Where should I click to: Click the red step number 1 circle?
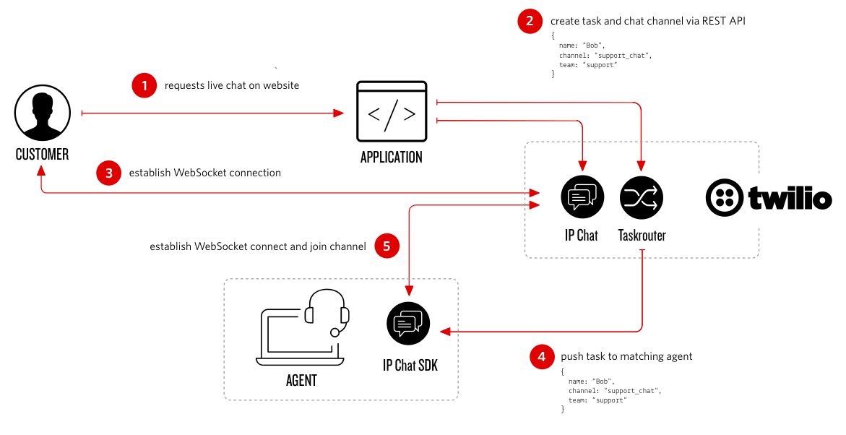coord(144,85)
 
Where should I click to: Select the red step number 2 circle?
coord(530,21)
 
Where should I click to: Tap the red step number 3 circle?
coord(108,173)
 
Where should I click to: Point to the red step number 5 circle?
coord(387,246)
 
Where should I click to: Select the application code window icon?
coord(392,113)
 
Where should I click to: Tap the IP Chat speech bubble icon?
coord(582,197)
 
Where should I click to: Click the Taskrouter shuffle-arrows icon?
coord(642,197)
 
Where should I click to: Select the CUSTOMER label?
coord(43,154)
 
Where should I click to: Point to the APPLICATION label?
coord(392,157)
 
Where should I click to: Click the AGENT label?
coord(301,379)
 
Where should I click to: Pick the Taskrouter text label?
coord(642,235)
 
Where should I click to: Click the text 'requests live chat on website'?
coord(232,85)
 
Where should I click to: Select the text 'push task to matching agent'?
coord(626,356)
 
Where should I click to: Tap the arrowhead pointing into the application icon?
coord(338,113)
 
